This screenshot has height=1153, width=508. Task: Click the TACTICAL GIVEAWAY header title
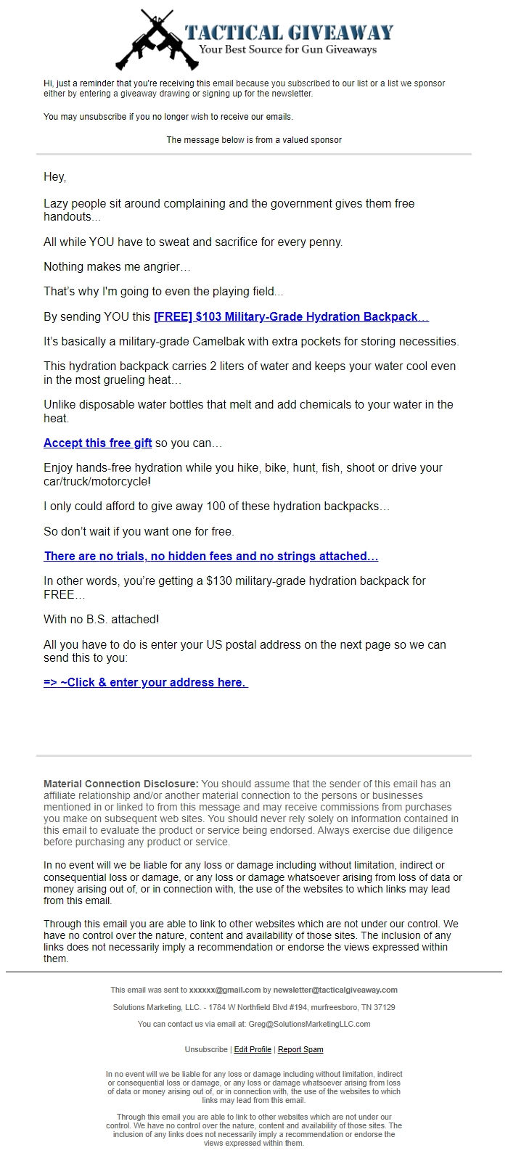click(x=289, y=32)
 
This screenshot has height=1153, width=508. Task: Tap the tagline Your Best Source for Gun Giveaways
click(x=288, y=50)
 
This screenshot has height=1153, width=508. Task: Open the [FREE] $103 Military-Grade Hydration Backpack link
click(x=291, y=317)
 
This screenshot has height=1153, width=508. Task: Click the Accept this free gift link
click(x=97, y=443)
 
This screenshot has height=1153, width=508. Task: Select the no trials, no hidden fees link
click(x=210, y=557)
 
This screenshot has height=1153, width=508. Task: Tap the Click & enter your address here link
click(x=145, y=683)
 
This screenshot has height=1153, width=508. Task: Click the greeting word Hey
click(x=54, y=177)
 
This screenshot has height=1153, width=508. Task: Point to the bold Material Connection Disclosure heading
click(x=120, y=784)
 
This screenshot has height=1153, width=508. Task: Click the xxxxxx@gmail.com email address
click(x=225, y=990)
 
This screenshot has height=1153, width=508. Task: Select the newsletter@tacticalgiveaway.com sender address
click(x=335, y=990)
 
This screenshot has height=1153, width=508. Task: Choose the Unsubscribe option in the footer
click(x=206, y=1050)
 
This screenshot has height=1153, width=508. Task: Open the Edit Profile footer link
click(x=253, y=1050)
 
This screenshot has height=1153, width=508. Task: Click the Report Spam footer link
click(x=300, y=1050)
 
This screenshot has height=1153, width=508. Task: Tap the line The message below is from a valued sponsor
click(x=254, y=140)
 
